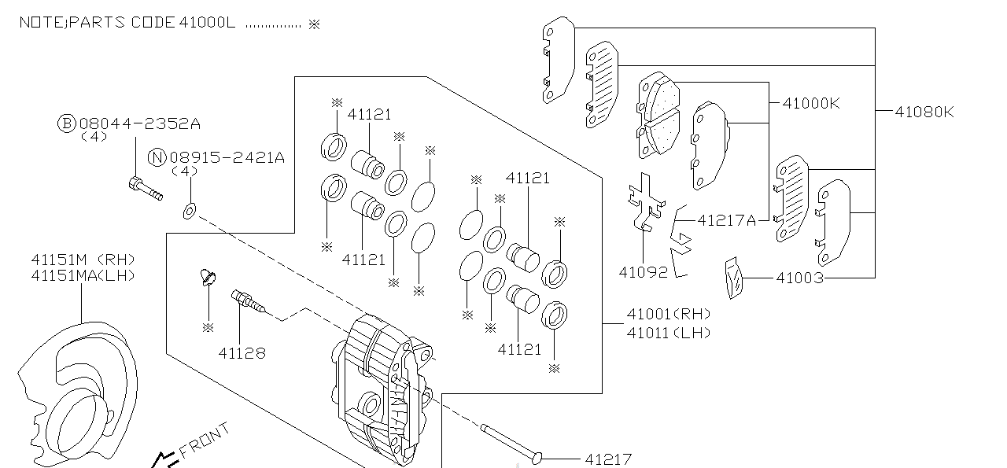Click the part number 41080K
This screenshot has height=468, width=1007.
pos(924,112)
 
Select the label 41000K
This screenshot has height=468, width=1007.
pos(811,103)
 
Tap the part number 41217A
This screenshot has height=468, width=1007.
pos(726,220)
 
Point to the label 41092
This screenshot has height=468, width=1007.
pos(643,273)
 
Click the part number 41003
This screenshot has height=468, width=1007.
pos(799,278)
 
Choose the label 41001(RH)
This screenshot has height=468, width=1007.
pos(668,315)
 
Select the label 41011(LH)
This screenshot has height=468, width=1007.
pos(668,333)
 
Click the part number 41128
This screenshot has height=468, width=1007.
pos(242,353)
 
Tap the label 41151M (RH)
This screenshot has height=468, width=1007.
pos(83,259)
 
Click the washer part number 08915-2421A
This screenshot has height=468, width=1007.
pos(227,157)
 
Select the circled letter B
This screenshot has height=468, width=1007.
pos(67,123)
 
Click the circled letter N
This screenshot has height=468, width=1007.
pos(158,157)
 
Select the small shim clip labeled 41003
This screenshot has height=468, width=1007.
pos(733,278)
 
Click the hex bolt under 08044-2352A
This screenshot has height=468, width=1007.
pos(144,189)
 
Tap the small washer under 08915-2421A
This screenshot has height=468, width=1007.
pos(190,211)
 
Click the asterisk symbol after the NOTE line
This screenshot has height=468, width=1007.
pos(314,24)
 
